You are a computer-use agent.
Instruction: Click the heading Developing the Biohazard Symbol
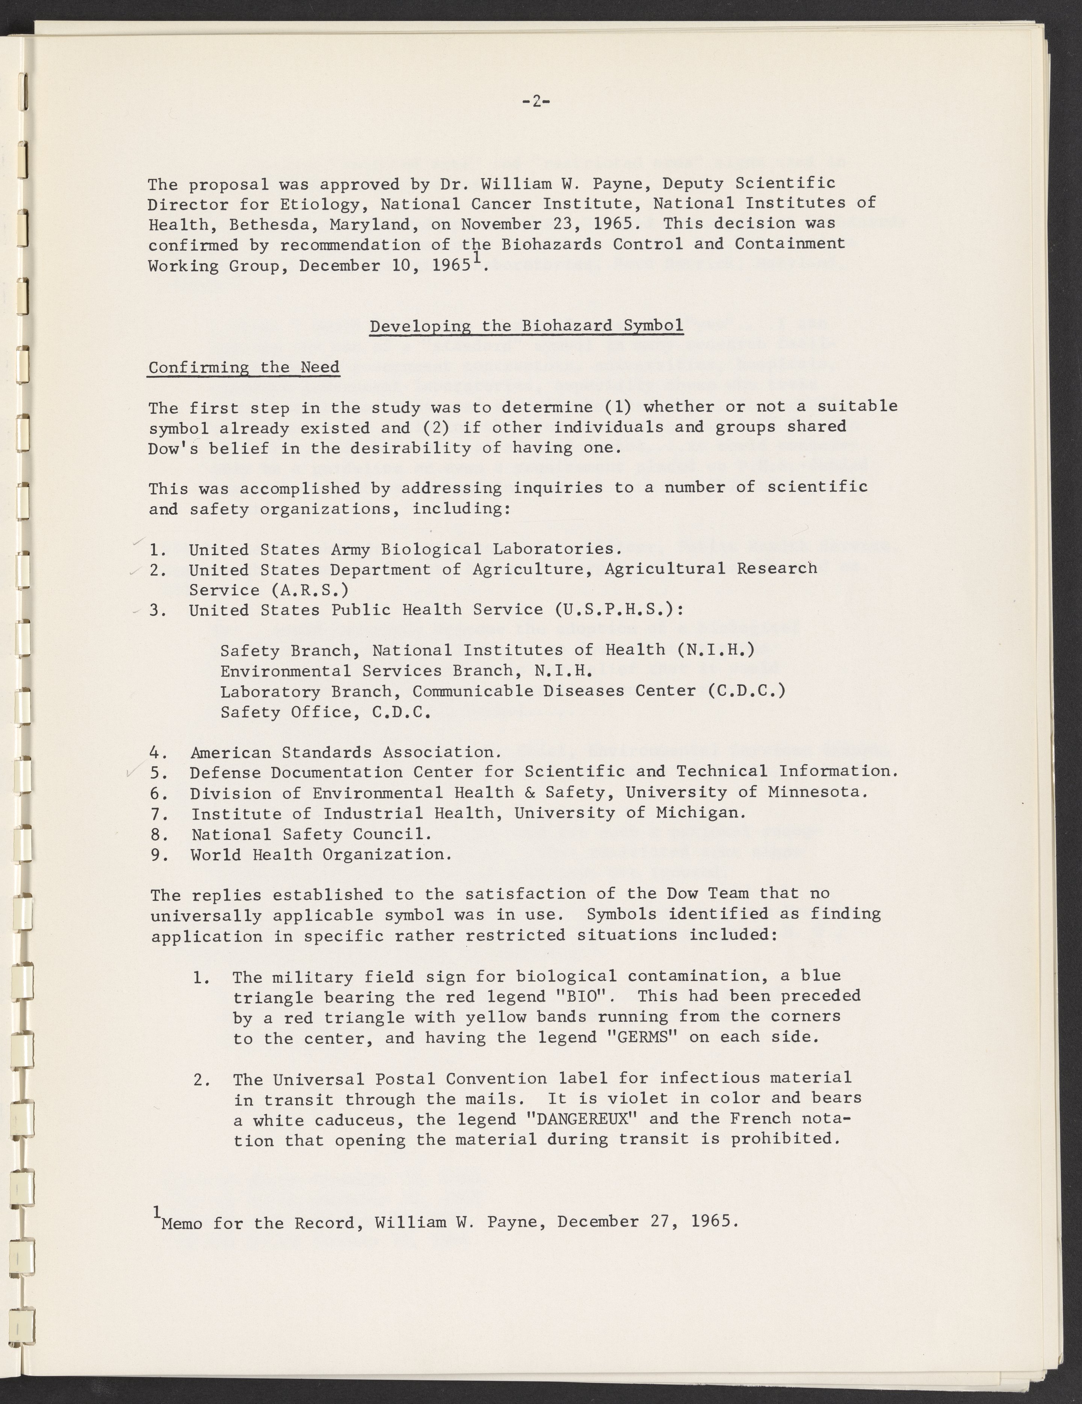coord(526,326)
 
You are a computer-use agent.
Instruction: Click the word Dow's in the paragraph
coord(173,448)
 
